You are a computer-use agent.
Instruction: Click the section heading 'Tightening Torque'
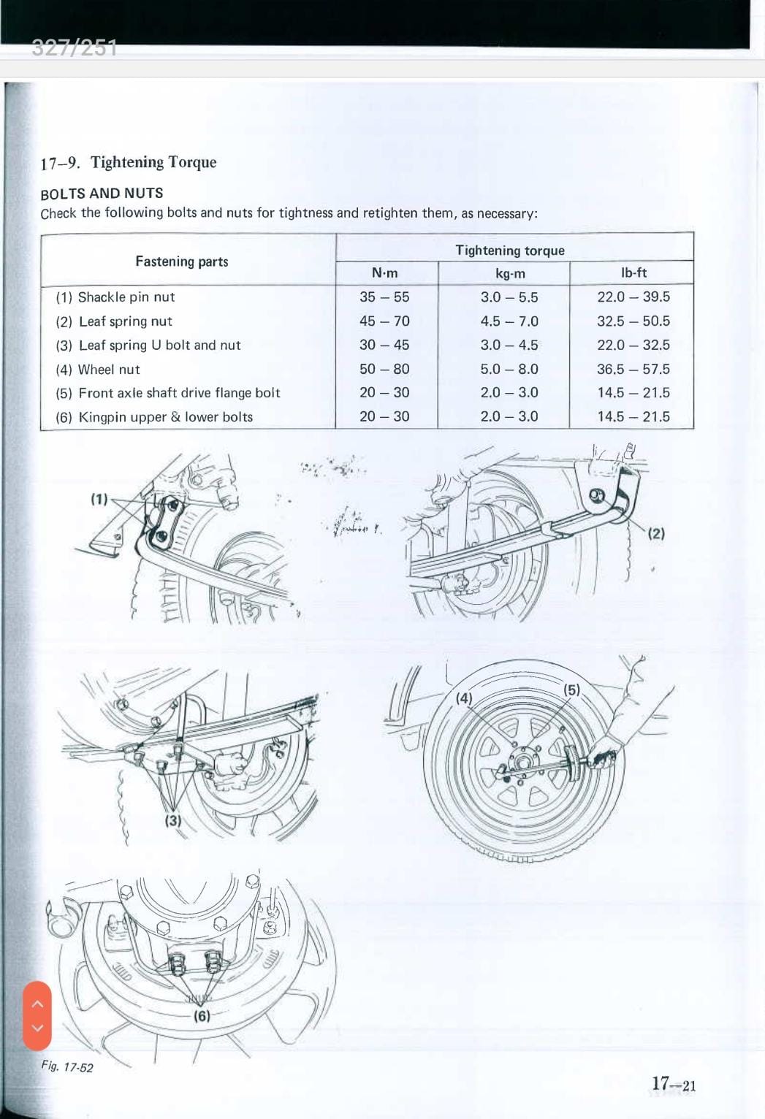point(153,162)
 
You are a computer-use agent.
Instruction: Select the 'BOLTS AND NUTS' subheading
point(102,194)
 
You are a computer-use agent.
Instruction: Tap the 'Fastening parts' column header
point(182,261)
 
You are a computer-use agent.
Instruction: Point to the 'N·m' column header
point(385,273)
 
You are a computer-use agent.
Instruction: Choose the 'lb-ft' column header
point(633,273)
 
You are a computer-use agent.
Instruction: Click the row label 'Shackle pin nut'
point(126,297)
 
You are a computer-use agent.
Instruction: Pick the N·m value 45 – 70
point(384,321)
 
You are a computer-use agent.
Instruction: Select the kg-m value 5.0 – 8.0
point(509,370)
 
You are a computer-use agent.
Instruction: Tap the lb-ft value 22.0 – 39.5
point(633,297)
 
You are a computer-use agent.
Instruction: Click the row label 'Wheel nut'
point(108,370)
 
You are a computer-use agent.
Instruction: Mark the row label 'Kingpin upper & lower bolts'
point(165,417)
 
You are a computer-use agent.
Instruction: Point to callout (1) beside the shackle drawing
point(99,500)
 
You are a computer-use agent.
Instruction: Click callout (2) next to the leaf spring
point(656,533)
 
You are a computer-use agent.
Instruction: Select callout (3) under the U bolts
point(172,820)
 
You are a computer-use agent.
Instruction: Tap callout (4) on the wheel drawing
point(465,698)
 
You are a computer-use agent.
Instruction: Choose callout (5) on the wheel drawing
point(571,690)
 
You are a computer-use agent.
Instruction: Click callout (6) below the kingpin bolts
point(202,1016)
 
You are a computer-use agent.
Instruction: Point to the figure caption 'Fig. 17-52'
point(67,1067)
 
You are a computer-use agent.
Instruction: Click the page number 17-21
point(674,1084)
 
